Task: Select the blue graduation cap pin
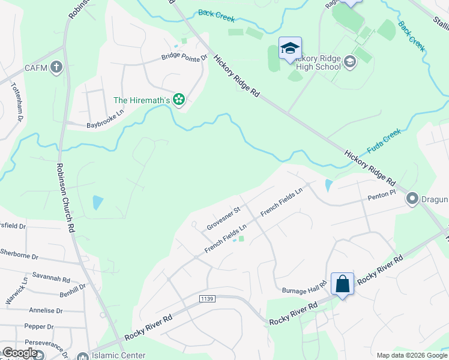click(x=290, y=49)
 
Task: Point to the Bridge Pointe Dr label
click(x=183, y=58)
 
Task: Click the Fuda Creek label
click(x=384, y=141)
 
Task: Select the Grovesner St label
click(x=223, y=218)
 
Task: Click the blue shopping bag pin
click(x=342, y=284)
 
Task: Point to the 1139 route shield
click(x=207, y=298)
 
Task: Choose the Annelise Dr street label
click(x=46, y=311)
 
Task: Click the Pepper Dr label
click(x=39, y=327)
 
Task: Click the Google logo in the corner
click(x=19, y=353)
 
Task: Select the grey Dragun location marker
click(x=412, y=198)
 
